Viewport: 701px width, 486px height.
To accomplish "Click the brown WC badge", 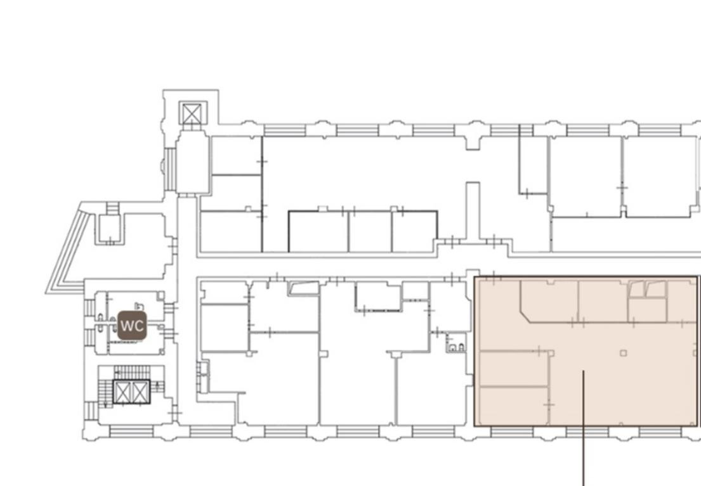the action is pyautogui.click(x=133, y=326).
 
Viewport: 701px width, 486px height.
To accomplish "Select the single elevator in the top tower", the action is pyautogui.click(x=193, y=113).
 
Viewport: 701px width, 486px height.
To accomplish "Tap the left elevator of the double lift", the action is pyautogui.click(x=122, y=392).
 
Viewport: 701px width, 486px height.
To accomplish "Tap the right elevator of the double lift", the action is pyautogui.click(x=140, y=392).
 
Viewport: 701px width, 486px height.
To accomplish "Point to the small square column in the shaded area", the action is pyautogui.click(x=623, y=353).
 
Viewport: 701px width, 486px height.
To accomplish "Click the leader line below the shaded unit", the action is pyautogui.click(x=584, y=428).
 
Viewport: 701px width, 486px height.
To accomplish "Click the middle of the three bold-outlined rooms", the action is pyautogui.click(x=370, y=231).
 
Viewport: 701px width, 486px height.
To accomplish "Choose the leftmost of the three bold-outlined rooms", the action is pyautogui.click(x=318, y=231).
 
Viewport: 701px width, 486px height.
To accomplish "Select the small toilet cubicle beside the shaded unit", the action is pyautogui.click(x=455, y=343).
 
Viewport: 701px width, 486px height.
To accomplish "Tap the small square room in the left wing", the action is pyautogui.click(x=110, y=229).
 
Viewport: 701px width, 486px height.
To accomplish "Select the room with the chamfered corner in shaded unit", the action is pyautogui.click(x=549, y=300).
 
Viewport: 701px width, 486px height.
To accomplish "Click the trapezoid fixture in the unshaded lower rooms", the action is pyautogui.click(x=304, y=288).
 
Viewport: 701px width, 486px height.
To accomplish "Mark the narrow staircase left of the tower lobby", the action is pyautogui.click(x=170, y=169).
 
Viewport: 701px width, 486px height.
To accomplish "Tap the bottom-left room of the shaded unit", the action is pyautogui.click(x=514, y=406).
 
